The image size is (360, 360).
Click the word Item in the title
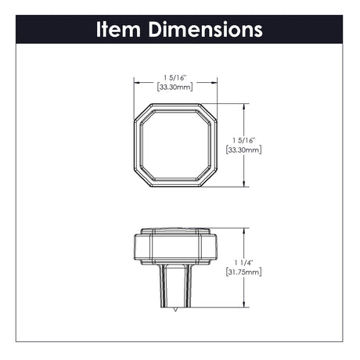(119, 29)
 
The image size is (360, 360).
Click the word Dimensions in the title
(206, 29)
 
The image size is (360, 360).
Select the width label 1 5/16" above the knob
(175, 77)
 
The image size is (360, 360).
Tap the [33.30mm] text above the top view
(175, 87)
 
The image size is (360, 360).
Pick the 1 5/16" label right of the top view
(243, 141)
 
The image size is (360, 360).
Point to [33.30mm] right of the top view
(243, 150)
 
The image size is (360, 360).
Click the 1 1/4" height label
(243, 263)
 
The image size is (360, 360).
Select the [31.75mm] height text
(243, 272)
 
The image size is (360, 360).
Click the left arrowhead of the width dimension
(137, 83)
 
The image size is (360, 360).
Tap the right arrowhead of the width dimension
(214, 83)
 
